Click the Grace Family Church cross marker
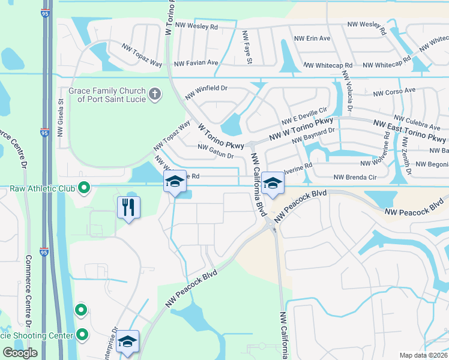(155, 94)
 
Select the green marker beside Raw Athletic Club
(84, 188)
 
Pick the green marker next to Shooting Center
(81, 335)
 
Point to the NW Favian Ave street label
(196, 62)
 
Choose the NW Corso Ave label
(394, 92)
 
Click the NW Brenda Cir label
(355, 177)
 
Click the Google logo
(20, 353)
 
